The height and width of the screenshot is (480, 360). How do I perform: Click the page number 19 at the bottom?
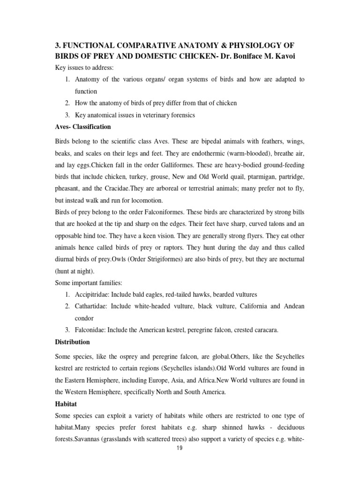[x=180, y=448]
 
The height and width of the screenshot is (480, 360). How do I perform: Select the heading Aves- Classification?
[x=83, y=127]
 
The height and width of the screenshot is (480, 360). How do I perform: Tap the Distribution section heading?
[x=73, y=342]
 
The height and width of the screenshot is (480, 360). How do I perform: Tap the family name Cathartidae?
[x=90, y=306]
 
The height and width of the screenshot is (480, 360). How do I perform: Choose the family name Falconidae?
[x=90, y=330]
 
